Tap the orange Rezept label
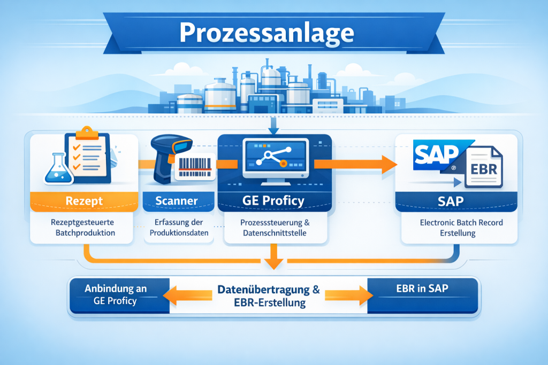84,201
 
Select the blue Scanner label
177,201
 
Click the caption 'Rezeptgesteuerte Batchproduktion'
81,228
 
